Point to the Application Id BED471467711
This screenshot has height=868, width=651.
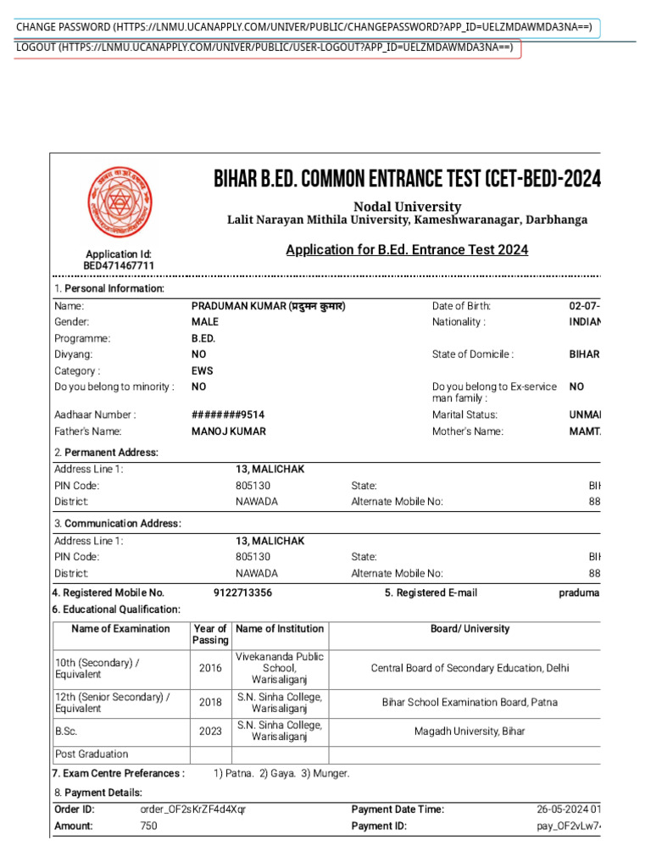click(119, 266)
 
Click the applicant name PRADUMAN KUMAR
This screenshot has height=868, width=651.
click(269, 306)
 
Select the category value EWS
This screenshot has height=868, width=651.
click(203, 371)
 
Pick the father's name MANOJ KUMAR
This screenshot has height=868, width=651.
click(229, 431)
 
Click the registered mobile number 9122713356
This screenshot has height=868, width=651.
click(243, 593)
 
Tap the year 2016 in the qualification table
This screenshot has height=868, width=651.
click(210, 668)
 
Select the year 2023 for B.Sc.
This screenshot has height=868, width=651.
click(210, 731)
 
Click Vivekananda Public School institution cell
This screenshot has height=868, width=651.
click(280, 668)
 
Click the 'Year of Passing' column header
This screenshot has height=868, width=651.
click(210, 635)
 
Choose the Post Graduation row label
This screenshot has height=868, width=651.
click(92, 754)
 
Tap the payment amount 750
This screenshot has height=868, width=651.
click(148, 826)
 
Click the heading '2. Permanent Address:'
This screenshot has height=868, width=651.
click(106, 453)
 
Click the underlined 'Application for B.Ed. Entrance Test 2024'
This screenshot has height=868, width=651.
click(407, 249)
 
